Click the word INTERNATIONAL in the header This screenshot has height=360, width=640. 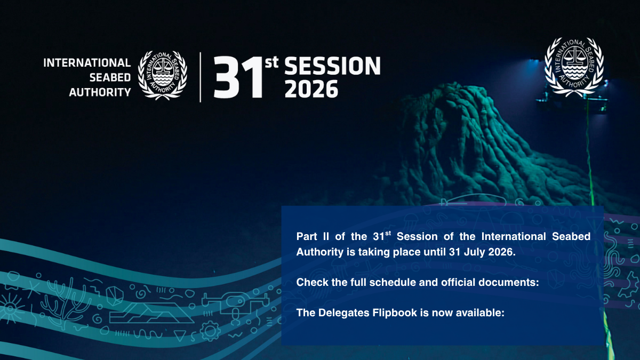coord(87,62)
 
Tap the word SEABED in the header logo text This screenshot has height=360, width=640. coord(110,77)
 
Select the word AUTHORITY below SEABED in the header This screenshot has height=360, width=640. coord(100,92)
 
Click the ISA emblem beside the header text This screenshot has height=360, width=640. coord(163,75)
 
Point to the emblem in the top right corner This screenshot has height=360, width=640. coord(574,67)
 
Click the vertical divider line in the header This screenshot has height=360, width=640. coord(201,77)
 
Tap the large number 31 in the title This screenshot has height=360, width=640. coord(238,77)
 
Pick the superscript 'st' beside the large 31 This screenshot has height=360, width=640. coord(271,62)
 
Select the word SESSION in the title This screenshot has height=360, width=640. coord(332,66)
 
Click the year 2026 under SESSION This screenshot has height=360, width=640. coord(311,89)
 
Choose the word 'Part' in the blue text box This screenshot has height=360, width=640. coord(307,237)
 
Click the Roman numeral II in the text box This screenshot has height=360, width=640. coord(326,237)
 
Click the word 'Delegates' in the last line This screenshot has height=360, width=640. coord(345,313)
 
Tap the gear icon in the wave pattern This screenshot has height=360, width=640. coord(210,331)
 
